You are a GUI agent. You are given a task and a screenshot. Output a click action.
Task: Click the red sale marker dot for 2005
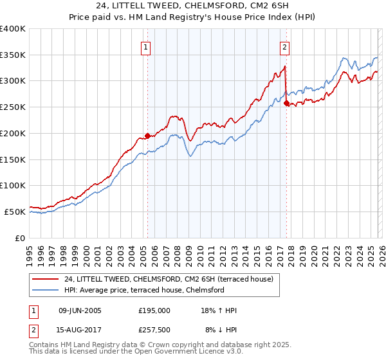click(147, 136)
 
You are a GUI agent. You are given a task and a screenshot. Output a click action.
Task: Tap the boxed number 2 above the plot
click(284, 46)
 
